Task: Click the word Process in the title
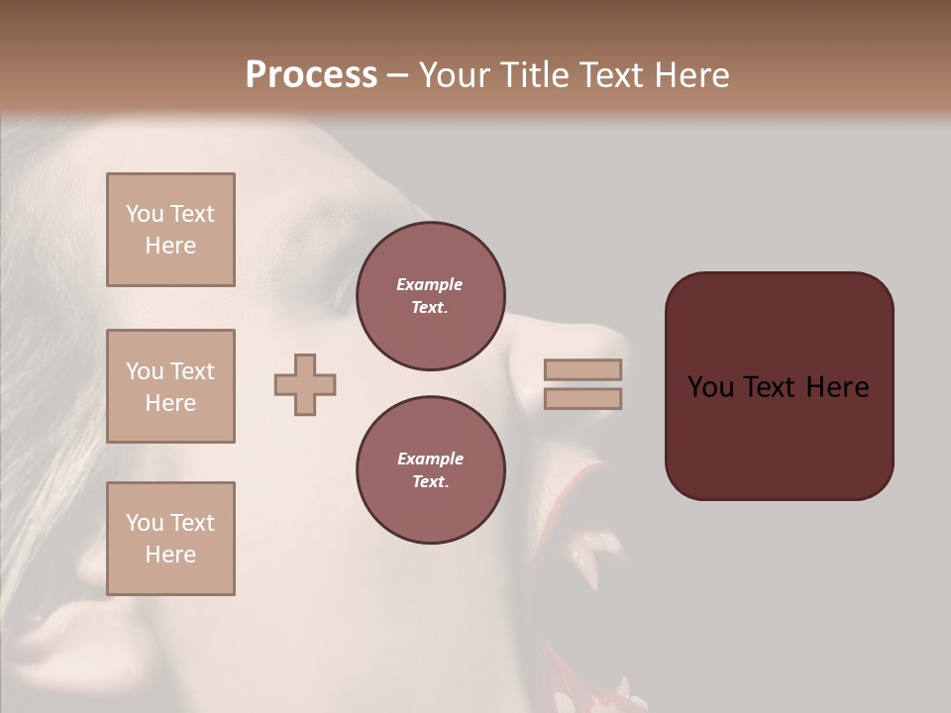point(311,75)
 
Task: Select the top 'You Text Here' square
point(170,230)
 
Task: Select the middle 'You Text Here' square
point(170,386)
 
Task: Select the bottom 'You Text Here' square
point(170,539)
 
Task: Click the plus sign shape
point(305,384)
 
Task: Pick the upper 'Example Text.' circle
point(431,296)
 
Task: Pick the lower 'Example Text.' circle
point(431,470)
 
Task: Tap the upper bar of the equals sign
point(582,370)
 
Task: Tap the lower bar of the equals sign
point(582,398)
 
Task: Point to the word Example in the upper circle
point(430,284)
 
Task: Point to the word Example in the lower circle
point(430,458)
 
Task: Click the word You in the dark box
point(709,387)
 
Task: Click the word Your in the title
point(457,75)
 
